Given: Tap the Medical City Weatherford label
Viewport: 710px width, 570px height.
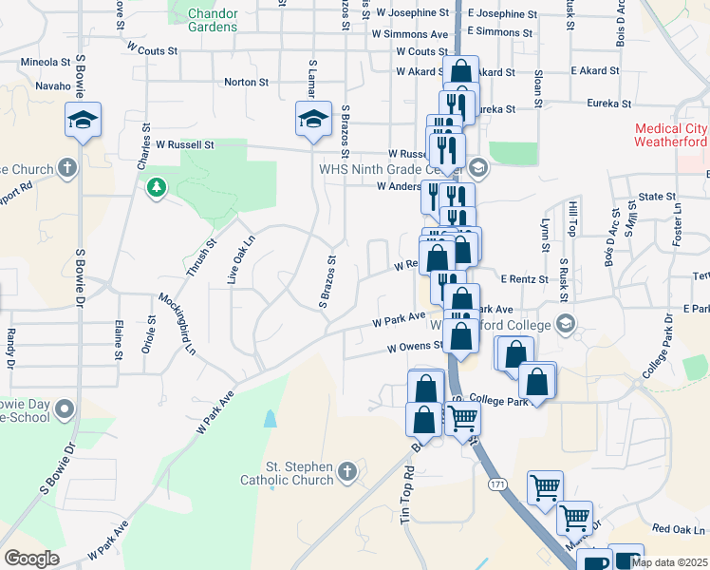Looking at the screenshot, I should point(670,135).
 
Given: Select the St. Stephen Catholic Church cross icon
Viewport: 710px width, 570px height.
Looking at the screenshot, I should point(348,470).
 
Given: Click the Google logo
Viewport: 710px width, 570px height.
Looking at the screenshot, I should point(31,559).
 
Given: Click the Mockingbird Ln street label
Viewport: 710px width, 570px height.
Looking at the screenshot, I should point(177,324).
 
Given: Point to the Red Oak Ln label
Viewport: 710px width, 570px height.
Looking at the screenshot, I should point(679,529).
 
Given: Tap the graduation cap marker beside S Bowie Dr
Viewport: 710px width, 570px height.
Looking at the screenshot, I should point(83,120).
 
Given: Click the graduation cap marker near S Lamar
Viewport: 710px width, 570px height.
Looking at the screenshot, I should point(313,119).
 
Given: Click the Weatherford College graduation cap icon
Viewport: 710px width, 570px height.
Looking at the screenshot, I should point(566,325).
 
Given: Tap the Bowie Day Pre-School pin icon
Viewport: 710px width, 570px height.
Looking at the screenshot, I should point(65,409).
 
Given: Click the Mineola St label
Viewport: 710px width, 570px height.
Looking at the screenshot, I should point(46,62).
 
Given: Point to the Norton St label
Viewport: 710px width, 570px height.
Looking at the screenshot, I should point(246,83).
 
